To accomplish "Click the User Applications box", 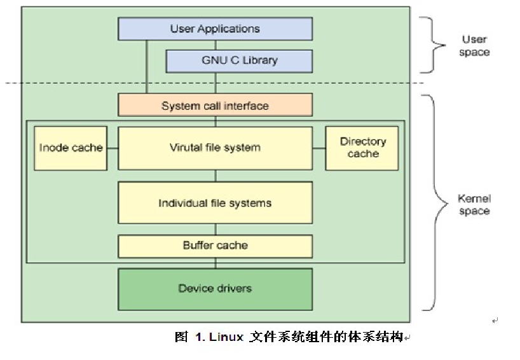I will tap(215, 29).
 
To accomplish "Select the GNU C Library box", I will tap(239, 61).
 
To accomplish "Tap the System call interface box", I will tap(215, 106).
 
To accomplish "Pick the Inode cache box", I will tap(71, 148).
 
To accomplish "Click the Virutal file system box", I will tap(215, 148).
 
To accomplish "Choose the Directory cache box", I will tap(362, 148).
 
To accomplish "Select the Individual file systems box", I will tap(215, 203).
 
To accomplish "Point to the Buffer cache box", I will tap(215, 246).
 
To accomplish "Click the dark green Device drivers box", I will tap(215, 289).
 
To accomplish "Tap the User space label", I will tap(474, 46).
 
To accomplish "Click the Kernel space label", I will tap(474, 205).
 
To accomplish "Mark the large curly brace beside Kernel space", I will tap(435, 202).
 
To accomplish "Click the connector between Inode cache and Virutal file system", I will tap(113, 148).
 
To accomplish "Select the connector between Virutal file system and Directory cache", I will tap(318, 148).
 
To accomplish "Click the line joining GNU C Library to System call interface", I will tap(216, 83).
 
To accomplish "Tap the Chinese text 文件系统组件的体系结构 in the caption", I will tap(327, 337).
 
